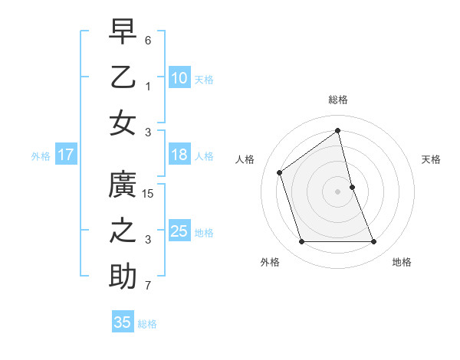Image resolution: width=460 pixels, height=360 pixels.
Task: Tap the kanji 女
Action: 123,123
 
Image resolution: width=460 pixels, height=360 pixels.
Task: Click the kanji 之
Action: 123,231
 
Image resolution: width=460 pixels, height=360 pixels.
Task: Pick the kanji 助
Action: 123,277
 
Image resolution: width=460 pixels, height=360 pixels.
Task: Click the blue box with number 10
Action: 179,78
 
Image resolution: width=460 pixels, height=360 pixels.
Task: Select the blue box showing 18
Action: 179,155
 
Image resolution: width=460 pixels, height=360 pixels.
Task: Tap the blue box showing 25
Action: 179,231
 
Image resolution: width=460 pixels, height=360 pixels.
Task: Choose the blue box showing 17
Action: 66,155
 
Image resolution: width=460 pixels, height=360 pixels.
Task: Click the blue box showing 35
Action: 123,322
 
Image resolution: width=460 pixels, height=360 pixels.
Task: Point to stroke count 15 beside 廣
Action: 149,194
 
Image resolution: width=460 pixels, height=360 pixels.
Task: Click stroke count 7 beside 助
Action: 149,286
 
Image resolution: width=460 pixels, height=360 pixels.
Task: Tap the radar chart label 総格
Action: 338,100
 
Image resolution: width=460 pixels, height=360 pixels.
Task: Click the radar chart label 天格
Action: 432,159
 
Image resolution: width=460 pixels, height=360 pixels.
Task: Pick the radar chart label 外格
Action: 270,262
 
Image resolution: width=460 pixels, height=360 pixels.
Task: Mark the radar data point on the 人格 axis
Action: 280,172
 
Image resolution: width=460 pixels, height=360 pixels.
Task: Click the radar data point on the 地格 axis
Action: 374,242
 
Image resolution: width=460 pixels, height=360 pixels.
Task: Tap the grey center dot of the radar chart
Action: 338,191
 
